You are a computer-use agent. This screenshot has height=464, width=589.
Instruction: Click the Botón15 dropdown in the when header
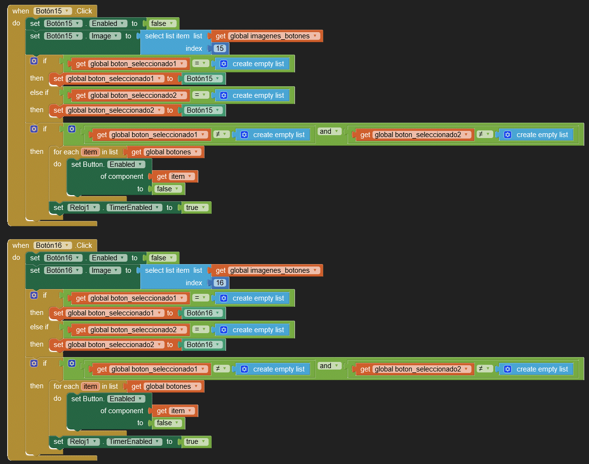(53, 11)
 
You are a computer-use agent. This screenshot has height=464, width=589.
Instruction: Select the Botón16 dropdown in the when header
(53, 245)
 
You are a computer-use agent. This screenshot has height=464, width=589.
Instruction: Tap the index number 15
(220, 48)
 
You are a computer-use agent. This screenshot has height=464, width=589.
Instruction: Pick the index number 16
(220, 283)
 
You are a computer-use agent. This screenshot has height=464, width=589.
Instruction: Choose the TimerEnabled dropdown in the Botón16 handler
(134, 441)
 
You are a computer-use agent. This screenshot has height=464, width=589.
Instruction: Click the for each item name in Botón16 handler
(90, 386)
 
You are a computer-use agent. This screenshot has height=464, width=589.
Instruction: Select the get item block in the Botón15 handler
(175, 176)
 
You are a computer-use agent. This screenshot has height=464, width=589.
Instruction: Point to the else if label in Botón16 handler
(39, 327)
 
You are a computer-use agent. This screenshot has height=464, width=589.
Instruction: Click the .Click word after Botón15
(84, 11)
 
